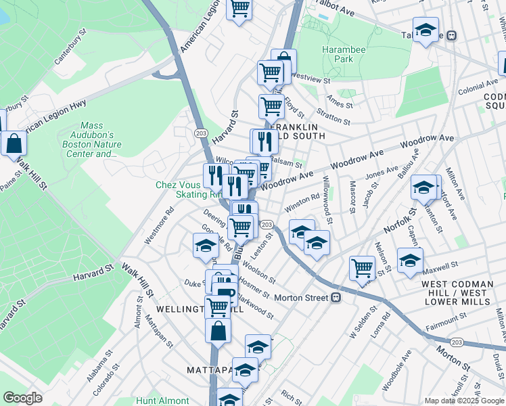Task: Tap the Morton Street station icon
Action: [336, 298]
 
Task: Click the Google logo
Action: [22, 398]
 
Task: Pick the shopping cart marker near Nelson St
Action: [363, 267]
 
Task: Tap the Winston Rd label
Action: [302, 202]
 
